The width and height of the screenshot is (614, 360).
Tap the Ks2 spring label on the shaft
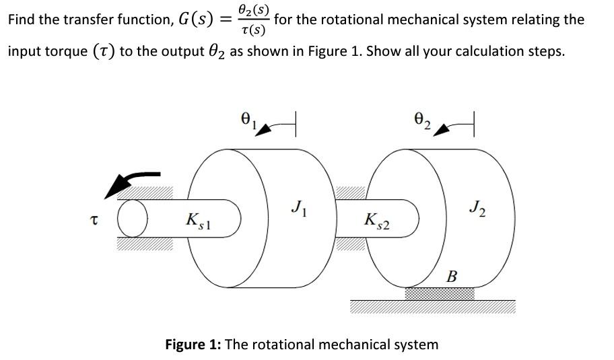click(x=376, y=220)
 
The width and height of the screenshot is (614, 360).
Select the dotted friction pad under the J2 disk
click(x=439, y=293)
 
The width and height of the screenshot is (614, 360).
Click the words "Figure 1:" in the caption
click(x=193, y=345)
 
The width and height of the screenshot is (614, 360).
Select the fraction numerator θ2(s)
click(x=254, y=10)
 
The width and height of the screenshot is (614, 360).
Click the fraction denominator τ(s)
click(x=254, y=30)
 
